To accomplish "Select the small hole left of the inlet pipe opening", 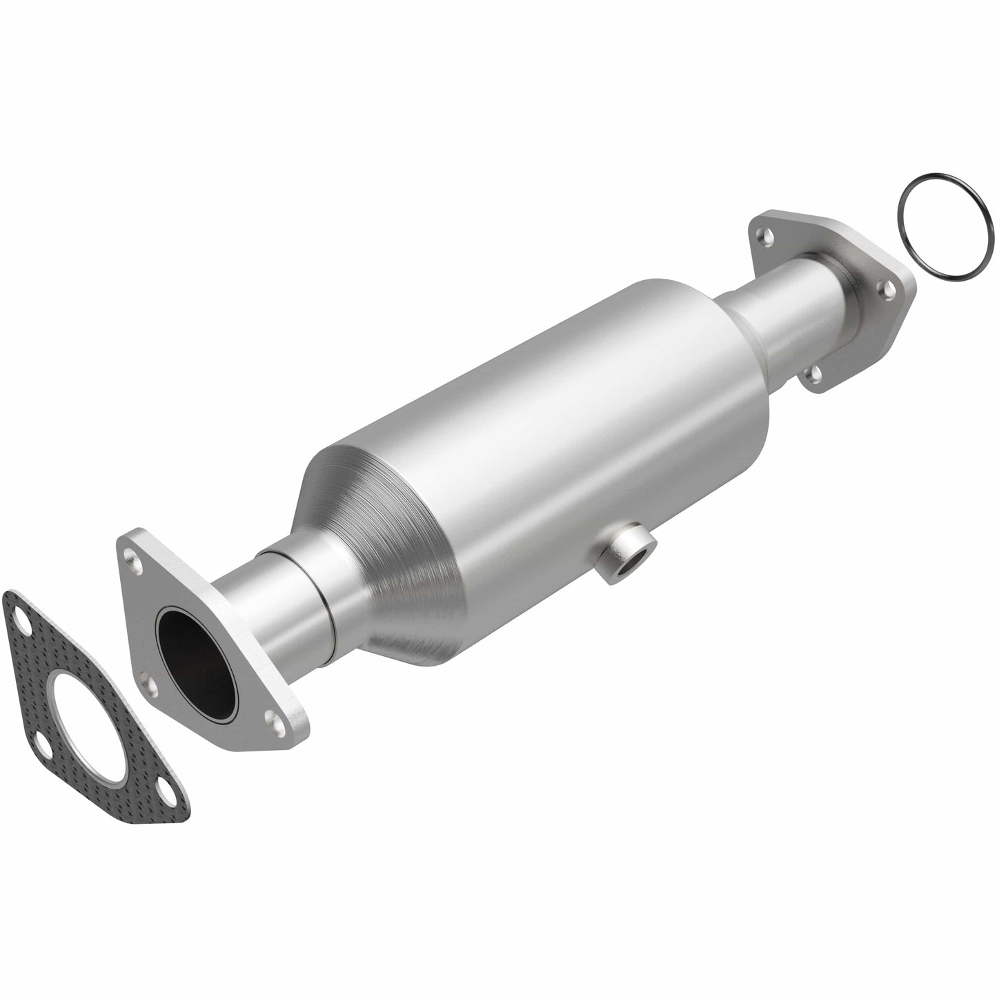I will point(144,680).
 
